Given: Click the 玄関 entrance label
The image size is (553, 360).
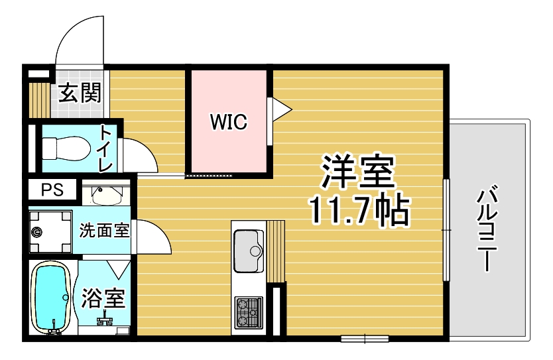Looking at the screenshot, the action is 80,93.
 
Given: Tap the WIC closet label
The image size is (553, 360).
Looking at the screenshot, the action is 229,121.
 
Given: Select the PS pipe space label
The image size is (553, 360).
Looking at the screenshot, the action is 52,190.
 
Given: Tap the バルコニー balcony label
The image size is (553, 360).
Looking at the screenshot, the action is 487,228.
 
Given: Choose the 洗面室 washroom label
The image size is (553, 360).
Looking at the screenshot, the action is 104,230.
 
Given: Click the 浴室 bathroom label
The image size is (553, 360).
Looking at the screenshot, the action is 103,298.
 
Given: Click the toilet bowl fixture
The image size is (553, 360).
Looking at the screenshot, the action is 66,149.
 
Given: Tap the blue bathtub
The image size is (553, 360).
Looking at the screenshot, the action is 52,298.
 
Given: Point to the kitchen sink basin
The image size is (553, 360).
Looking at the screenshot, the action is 249,251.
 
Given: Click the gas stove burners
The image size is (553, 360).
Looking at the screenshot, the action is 249,312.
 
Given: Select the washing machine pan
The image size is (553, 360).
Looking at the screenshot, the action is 50,231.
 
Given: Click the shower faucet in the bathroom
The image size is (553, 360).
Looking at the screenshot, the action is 105,320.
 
